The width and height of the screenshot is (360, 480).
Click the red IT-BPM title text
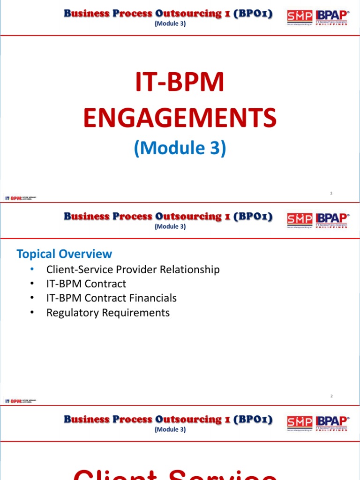[180, 82]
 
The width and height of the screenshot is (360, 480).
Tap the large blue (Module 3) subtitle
[180, 148]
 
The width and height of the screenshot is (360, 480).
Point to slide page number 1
[331, 193]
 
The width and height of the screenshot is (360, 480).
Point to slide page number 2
[331, 396]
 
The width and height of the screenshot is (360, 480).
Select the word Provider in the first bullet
[136, 270]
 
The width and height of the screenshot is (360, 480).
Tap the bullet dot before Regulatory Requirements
[31, 313]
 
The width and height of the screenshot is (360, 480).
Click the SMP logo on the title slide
[299, 17]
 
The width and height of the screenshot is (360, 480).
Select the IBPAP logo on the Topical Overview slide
[332, 219]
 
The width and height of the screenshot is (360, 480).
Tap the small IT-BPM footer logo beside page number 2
[20, 401]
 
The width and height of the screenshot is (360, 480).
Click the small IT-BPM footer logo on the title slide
[20, 198]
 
